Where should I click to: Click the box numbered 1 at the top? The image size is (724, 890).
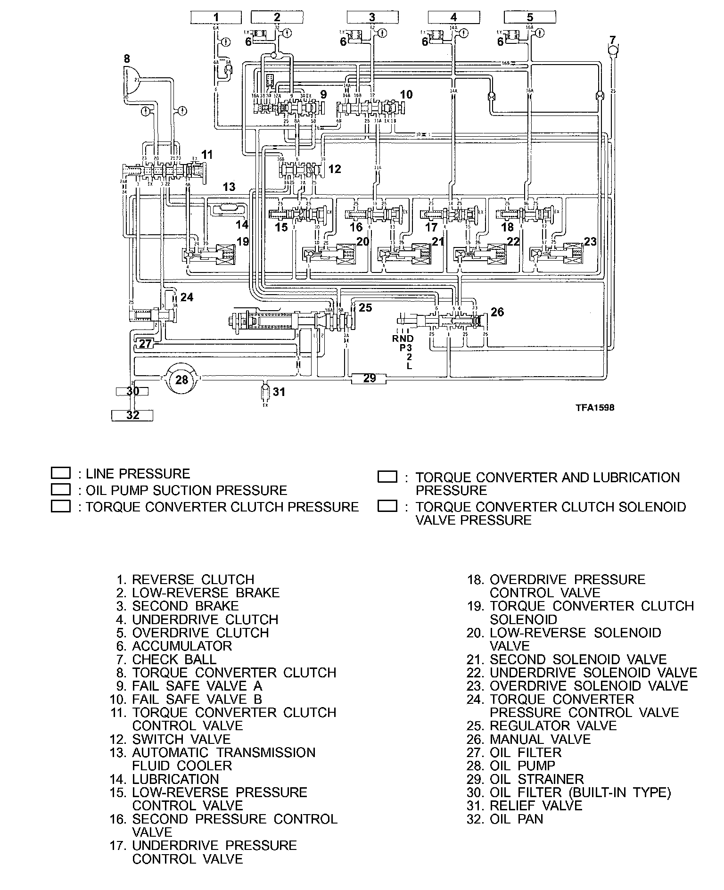216,18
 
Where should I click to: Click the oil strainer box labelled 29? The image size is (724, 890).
370,378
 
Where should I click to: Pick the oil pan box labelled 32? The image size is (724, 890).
132,415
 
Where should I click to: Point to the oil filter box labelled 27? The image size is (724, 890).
145,344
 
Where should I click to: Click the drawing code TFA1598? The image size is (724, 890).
595,408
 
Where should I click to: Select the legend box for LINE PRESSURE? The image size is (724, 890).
60,473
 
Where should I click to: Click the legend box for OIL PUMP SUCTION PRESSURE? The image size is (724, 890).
60,489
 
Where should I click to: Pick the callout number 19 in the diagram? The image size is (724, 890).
243,242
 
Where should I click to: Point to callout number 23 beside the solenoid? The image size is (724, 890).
590,242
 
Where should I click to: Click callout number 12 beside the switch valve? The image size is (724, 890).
334,169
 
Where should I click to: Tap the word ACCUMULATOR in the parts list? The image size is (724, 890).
182,646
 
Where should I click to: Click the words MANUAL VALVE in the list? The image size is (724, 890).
540,739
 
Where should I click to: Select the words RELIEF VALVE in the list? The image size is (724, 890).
536,806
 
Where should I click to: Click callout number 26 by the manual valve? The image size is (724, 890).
497,312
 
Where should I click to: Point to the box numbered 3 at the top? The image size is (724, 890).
372,18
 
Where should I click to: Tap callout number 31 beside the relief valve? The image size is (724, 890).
280,392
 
